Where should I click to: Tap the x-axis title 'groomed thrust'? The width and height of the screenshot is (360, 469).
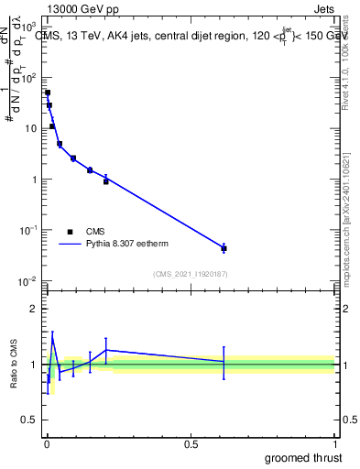[304, 456]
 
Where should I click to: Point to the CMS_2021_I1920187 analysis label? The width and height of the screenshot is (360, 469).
[190, 274]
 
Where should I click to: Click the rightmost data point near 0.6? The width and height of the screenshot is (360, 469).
[224, 248]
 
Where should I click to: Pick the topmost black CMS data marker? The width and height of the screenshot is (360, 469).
[48, 93]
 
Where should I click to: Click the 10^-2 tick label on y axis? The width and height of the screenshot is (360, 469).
[27, 280]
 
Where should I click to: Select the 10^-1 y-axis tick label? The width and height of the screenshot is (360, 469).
[27, 230]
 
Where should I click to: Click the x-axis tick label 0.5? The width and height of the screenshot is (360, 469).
[191, 444]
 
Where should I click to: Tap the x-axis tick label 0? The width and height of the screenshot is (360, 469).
[47, 444]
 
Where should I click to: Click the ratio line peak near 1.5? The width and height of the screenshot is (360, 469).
[52, 337]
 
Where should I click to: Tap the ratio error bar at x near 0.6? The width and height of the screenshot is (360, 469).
[224, 363]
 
